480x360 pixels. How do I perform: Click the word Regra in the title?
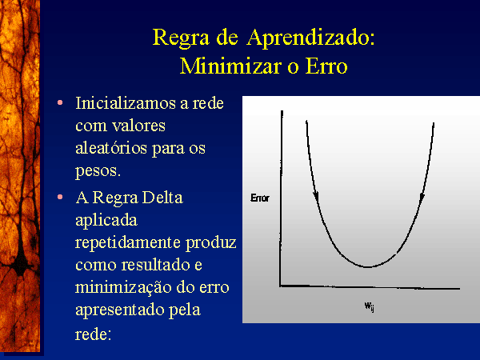(181, 38)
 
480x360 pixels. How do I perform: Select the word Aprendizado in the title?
(310, 38)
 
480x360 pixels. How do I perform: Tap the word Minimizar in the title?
(230, 66)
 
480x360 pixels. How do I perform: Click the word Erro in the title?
(326, 66)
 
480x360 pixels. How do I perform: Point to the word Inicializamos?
(126, 103)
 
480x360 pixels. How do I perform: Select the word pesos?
(98, 171)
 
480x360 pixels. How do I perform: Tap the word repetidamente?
(128, 242)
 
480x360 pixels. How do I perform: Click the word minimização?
(123, 288)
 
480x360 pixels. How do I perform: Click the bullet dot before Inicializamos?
(60, 103)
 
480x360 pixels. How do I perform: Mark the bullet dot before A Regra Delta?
(60, 197)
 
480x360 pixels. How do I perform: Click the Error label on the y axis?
(260, 198)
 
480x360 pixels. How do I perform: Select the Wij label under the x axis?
(369, 306)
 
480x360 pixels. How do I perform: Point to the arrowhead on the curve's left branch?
(316, 197)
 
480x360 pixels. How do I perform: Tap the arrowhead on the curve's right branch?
(422, 197)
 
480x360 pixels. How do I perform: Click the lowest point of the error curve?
(367, 267)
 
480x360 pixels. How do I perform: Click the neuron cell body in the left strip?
(20, 263)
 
